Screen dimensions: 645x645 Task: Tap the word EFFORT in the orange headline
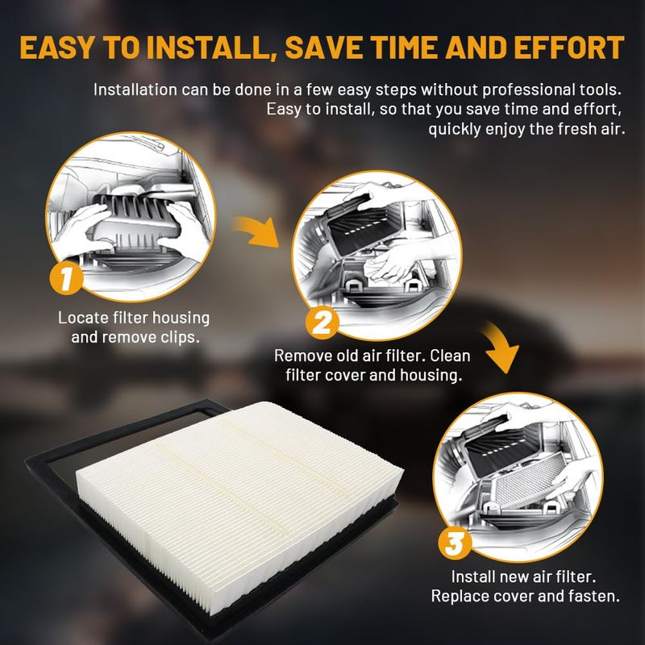tap(569, 48)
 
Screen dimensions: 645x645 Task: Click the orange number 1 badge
tap(66, 278)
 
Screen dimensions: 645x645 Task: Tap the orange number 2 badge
tap(322, 322)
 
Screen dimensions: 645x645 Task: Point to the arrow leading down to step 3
tap(501, 347)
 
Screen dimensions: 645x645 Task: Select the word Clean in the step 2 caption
tap(450, 356)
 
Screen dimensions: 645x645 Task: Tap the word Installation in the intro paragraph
tap(135, 89)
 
